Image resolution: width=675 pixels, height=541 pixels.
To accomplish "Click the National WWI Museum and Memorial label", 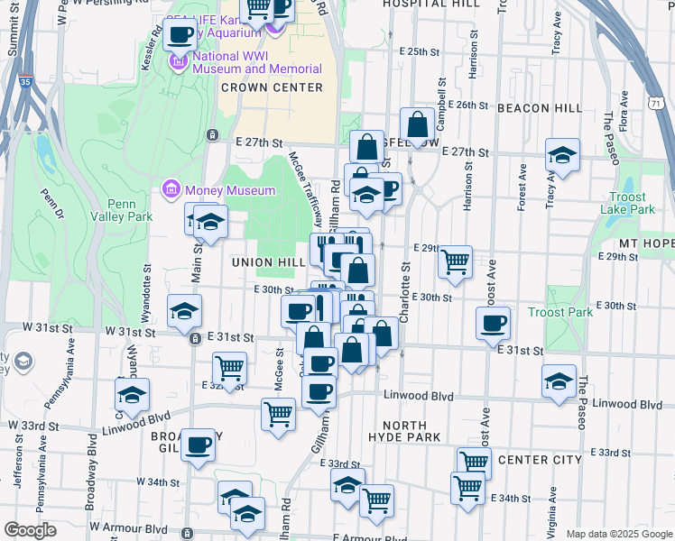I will pos(257,62).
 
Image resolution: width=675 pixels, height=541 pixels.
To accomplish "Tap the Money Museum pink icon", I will pos(170,190).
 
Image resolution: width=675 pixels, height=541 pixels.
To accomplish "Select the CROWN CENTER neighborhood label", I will pos(271,87).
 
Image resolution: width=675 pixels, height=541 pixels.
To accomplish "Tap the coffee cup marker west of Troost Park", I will pos(494,324).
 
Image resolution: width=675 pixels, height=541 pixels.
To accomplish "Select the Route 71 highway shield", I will pos(653,105).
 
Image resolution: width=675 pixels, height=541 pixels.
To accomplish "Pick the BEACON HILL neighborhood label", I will pos(540,108).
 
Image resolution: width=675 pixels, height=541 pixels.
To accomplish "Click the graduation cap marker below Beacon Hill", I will pos(562,157).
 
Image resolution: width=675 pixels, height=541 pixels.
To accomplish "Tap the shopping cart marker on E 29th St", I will pos(456,261).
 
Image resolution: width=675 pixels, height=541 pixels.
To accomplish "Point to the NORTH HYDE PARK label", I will pos(404,431).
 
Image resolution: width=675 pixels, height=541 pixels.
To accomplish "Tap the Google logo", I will pos(30,530).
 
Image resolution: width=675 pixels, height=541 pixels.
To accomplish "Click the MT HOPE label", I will pos(646,244).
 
